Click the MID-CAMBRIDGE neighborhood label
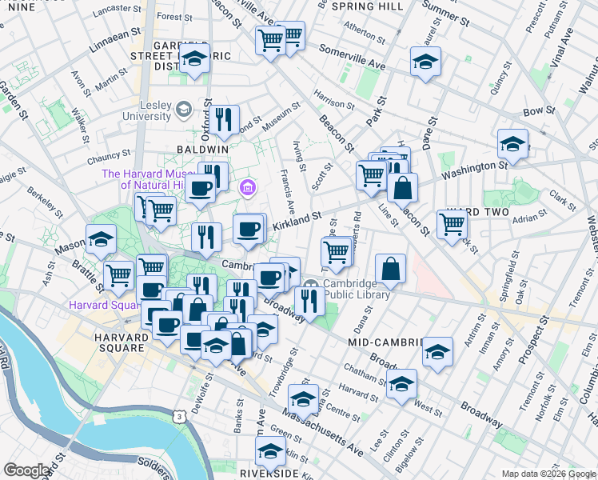(x=385, y=342)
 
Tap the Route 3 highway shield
(x=181, y=417)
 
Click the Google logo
(x=26, y=470)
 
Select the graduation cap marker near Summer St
(x=425, y=61)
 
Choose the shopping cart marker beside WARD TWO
(x=452, y=225)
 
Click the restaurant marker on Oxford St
(x=224, y=119)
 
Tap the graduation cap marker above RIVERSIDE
(x=270, y=450)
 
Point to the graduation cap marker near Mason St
(x=102, y=238)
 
